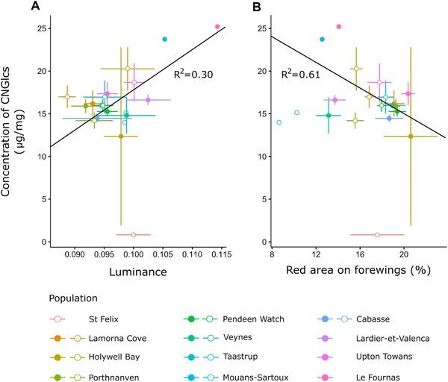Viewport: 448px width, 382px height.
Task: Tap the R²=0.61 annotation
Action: (296, 75)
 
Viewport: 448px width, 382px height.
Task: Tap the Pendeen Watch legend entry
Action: (264, 319)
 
